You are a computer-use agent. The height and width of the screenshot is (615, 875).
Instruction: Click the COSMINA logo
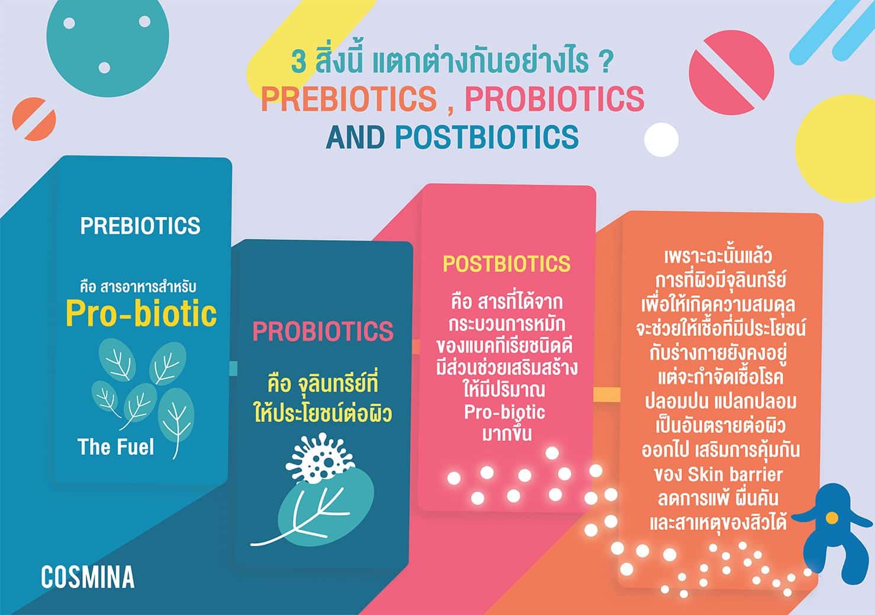click(x=88, y=577)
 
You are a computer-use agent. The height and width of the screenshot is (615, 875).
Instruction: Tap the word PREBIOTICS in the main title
click(x=349, y=99)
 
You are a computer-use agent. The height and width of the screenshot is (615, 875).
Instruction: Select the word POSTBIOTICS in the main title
click(x=487, y=137)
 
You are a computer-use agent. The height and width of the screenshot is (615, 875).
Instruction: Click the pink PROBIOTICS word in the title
click(x=555, y=99)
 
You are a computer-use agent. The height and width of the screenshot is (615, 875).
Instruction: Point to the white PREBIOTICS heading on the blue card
click(x=140, y=225)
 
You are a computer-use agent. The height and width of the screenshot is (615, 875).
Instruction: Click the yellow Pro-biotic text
click(x=141, y=313)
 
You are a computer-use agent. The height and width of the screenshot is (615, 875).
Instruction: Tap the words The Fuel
click(x=116, y=447)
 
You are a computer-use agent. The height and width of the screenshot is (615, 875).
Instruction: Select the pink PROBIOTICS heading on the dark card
click(x=323, y=331)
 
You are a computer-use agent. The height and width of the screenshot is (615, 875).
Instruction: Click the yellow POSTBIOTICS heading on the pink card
click(x=506, y=264)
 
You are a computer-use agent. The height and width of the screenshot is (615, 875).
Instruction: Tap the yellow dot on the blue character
click(x=832, y=518)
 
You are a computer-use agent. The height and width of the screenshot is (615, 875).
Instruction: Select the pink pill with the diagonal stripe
click(x=731, y=73)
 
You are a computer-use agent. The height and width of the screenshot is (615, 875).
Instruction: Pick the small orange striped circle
click(x=34, y=119)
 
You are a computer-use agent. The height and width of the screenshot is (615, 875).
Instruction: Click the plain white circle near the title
click(x=661, y=140)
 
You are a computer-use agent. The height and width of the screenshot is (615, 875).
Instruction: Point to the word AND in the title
click(x=355, y=137)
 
